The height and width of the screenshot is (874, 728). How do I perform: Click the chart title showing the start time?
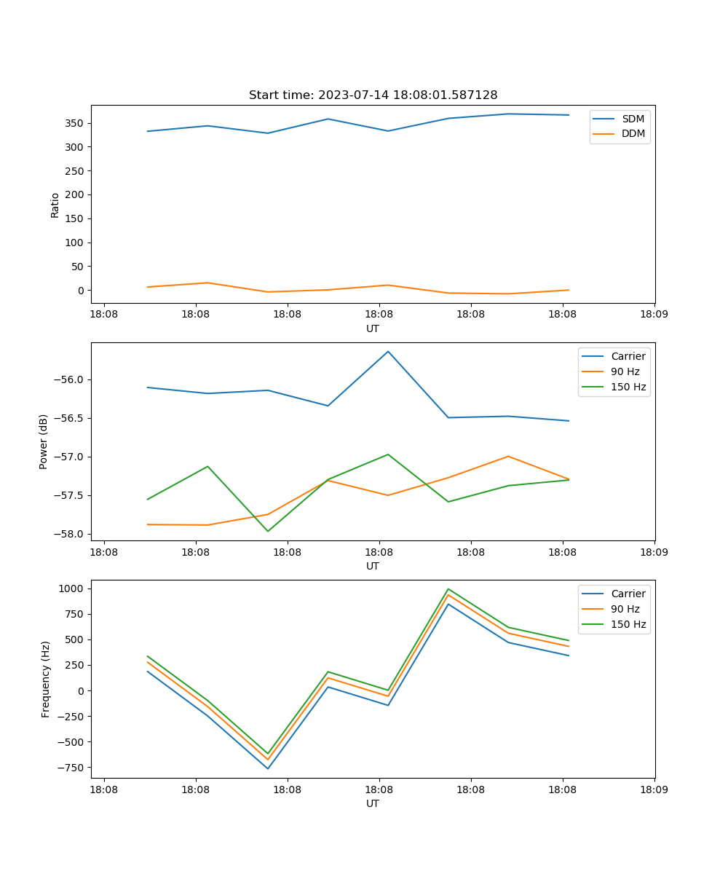coord(373,95)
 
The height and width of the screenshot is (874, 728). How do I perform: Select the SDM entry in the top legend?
coord(633,119)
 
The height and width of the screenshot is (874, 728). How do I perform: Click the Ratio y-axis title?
coord(55,205)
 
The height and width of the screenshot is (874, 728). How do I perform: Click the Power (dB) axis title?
coord(44,441)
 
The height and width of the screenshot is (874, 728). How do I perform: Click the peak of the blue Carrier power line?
coord(388,351)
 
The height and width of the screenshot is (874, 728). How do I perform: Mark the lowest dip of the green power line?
coord(268,531)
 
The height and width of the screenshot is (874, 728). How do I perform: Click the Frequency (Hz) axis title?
coord(46,679)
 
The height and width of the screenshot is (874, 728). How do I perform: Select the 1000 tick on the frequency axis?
coord(72,588)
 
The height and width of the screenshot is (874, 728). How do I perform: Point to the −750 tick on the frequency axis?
coord(71,768)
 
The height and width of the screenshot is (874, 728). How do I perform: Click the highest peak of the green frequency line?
coord(448,588)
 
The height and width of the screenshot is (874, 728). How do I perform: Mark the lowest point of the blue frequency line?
coord(268,768)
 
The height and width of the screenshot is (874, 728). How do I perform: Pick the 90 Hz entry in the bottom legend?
coord(625,609)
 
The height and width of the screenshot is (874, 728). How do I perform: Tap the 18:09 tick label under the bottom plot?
coord(654,789)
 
